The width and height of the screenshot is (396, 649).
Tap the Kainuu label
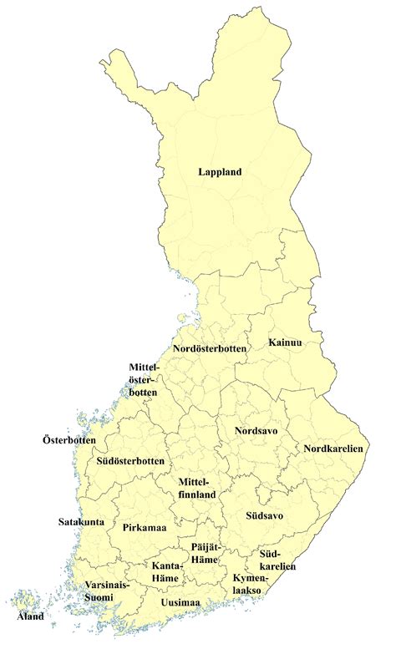click(286, 343)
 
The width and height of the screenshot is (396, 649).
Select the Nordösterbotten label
click(210, 348)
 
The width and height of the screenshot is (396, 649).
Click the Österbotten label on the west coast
click(69, 440)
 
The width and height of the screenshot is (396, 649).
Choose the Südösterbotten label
click(129, 461)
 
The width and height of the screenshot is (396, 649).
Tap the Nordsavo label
click(256, 431)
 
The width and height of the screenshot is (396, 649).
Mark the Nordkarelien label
click(333, 449)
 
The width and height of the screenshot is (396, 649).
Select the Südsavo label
click(264, 515)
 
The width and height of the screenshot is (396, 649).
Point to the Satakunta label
click(82, 522)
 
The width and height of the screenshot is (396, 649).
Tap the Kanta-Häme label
click(167, 571)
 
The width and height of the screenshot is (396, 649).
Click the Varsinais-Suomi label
click(107, 591)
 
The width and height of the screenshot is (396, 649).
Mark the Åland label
click(31, 617)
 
